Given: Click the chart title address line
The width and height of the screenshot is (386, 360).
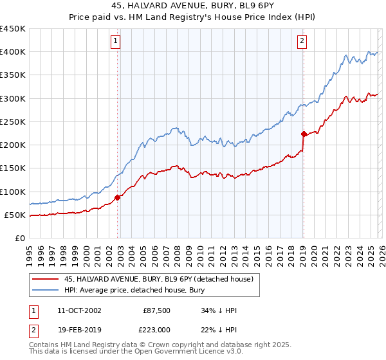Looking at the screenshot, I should pos(193,7).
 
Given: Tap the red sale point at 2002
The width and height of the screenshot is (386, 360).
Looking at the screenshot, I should pos(118,197).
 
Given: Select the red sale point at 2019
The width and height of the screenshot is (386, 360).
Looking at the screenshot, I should pos(303,134).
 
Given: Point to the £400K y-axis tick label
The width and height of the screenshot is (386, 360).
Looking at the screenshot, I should pos(12,52).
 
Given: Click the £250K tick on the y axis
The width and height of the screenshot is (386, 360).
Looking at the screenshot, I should pos(12,122).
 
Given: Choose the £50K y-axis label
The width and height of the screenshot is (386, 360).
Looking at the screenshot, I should pos(15,215).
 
